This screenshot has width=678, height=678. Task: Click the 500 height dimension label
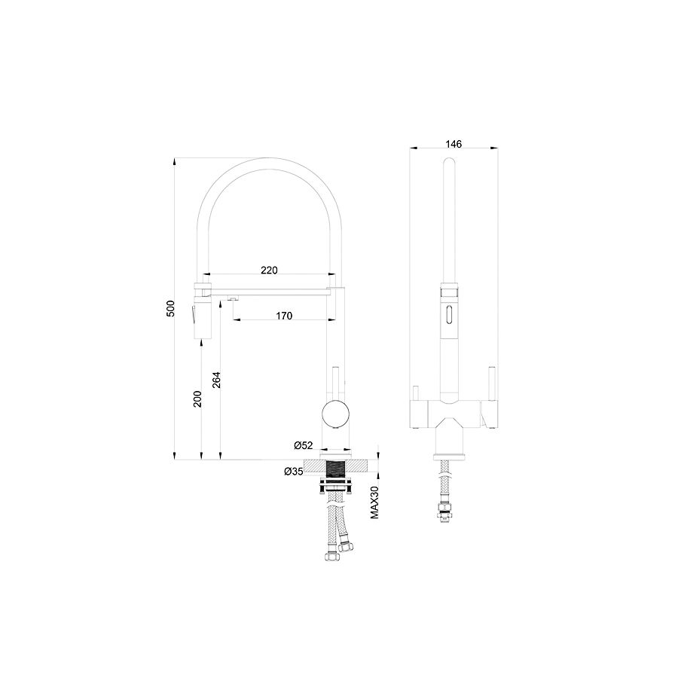(x=171, y=308)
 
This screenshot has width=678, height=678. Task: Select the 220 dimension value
(x=269, y=270)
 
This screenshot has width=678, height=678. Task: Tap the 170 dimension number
(x=284, y=316)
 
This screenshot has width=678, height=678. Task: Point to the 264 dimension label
(x=216, y=380)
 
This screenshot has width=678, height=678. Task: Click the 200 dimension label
(x=197, y=399)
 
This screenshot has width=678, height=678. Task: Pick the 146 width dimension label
(x=454, y=144)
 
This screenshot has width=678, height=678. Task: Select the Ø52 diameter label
(x=303, y=445)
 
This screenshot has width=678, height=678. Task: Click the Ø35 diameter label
(x=294, y=472)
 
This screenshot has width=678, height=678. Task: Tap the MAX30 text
(x=374, y=502)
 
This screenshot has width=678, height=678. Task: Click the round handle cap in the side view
(x=335, y=414)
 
